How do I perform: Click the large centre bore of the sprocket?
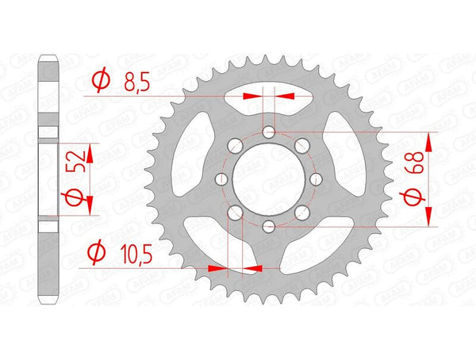270,179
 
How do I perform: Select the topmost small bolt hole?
270,132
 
